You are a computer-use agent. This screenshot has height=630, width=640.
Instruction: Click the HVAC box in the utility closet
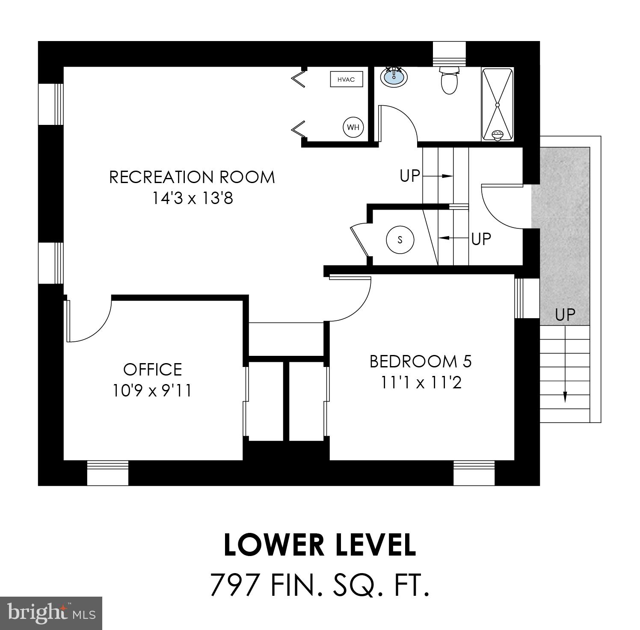(x=346, y=80)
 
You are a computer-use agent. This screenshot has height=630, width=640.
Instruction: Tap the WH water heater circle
(x=353, y=127)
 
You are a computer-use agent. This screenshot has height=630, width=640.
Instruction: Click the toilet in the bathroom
(x=449, y=81)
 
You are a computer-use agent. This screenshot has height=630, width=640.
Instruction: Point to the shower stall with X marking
(x=498, y=104)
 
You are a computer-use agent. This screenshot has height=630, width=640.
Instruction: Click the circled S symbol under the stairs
(x=400, y=240)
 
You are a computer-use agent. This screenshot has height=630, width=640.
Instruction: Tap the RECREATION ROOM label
(x=192, y=177)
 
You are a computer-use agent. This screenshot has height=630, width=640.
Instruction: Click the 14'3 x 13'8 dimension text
(x=193, y=198)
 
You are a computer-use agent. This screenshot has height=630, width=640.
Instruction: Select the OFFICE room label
(x=152, y=369)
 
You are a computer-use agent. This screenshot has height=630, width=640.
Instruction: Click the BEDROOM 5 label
(x=421, y=361)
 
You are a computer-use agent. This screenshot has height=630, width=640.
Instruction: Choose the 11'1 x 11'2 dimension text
(x=421, y=383)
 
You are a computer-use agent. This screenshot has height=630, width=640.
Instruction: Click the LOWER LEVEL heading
(x=320, y=545)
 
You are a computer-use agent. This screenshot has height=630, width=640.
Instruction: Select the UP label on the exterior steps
(x=565, y=315)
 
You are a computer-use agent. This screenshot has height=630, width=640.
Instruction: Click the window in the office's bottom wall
(x=107, y=473)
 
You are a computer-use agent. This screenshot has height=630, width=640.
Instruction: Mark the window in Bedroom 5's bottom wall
(x=474, y=473)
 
